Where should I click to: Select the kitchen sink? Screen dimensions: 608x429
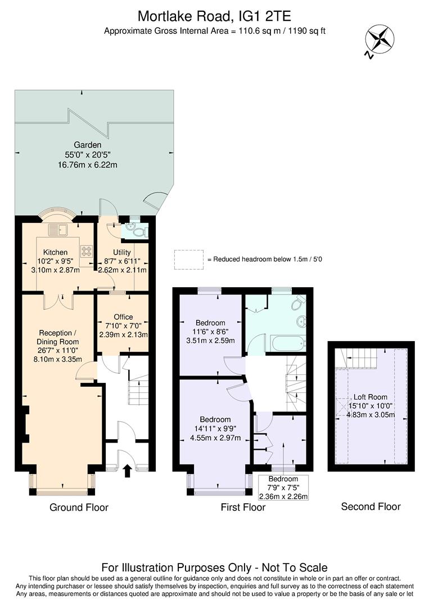[57, 229]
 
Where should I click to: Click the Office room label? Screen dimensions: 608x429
[123, 317]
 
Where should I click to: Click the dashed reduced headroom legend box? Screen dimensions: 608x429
[188, 259]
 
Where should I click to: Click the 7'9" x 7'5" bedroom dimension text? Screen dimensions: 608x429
[283, 488]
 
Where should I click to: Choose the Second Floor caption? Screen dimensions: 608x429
[371, 507]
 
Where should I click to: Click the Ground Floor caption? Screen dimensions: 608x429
[79, 507]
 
